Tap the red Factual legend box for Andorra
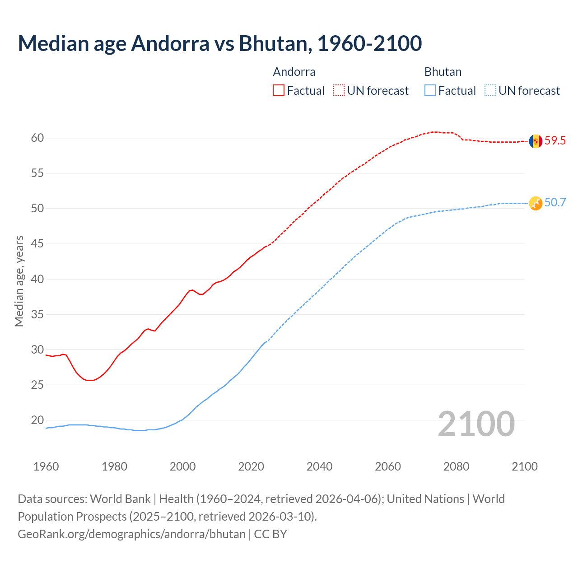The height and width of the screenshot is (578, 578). pyautogui.click(x=279, y=91)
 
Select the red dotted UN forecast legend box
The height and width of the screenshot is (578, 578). pyautogui.click(x=339, y=91)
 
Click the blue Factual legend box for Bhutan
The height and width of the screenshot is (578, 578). pyautogui.click(x=430, y=91)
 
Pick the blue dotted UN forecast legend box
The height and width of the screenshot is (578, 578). pyautogui.click(x=490, y=91)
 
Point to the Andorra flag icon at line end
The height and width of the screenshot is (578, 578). pyautogui.click(x=536, y=141)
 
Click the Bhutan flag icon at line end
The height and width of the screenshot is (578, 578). pyautogui.click(x=536, y=203)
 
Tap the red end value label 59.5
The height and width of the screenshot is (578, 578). pyautogui.click(x=555, y=141)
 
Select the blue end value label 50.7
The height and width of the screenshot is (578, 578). pyautogui.click(x=555, y=203)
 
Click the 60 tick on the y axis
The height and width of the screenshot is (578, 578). pyautogui.click(x=37, y=138)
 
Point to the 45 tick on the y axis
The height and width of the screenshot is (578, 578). pyautogui.click(x=37, y=244)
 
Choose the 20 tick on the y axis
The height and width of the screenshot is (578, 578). pyautogui.click(x=37, y=420)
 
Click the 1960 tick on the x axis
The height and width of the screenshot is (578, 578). pyautogui.click(x=46, y=466)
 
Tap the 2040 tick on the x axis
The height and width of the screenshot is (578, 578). pyautogui.click(x=319, y=466)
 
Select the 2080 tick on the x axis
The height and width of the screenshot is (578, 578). pyautogui.click(x=456, y=466)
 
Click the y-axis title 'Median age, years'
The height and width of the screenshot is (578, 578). pyautogui.click(x=19, y=281)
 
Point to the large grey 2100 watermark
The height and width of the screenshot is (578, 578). pyautogui.click(x=476, y=424)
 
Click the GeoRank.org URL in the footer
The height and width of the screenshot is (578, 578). pyautogui.click(x=131, y=534)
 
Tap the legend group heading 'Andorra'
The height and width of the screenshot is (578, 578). pyautogui.click(x=294, y=72)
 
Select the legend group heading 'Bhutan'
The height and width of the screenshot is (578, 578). pyautogui.click(x=443, y=72)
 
